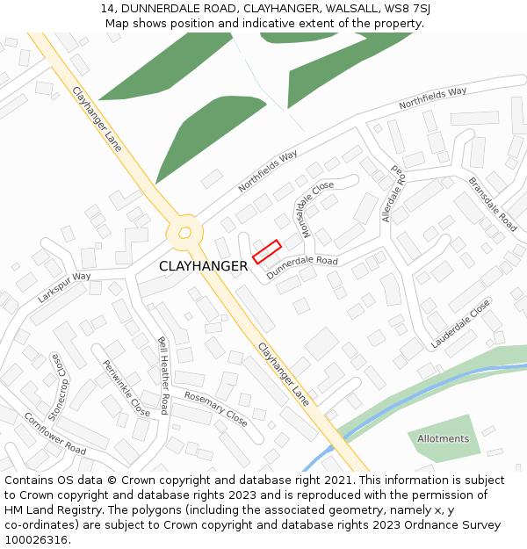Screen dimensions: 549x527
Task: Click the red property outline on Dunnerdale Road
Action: [x=266, y=251]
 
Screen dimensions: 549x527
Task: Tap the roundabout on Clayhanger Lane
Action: [x=184, y=232]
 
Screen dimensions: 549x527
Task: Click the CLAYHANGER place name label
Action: [x=203, y=266]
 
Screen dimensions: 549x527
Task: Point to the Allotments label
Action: [x=443, y=438]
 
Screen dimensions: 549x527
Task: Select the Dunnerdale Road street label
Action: [x=302, y=267]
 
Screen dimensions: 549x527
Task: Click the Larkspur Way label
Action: [x=64, y=287]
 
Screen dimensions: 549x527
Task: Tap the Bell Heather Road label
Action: [x=163, y=375]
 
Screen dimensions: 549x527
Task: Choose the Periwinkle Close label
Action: [x=126, y=387]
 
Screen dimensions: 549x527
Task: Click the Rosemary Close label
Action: [x=215, y=408]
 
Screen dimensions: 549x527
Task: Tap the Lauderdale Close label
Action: [x=461, y=324]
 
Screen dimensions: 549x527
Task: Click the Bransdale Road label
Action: [x=492, y=205]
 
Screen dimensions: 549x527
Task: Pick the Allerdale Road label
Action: [x=393, y=193]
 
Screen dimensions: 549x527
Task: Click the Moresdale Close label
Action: [x=312, y=203]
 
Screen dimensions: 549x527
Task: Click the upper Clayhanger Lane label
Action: [x=97, y=119]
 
